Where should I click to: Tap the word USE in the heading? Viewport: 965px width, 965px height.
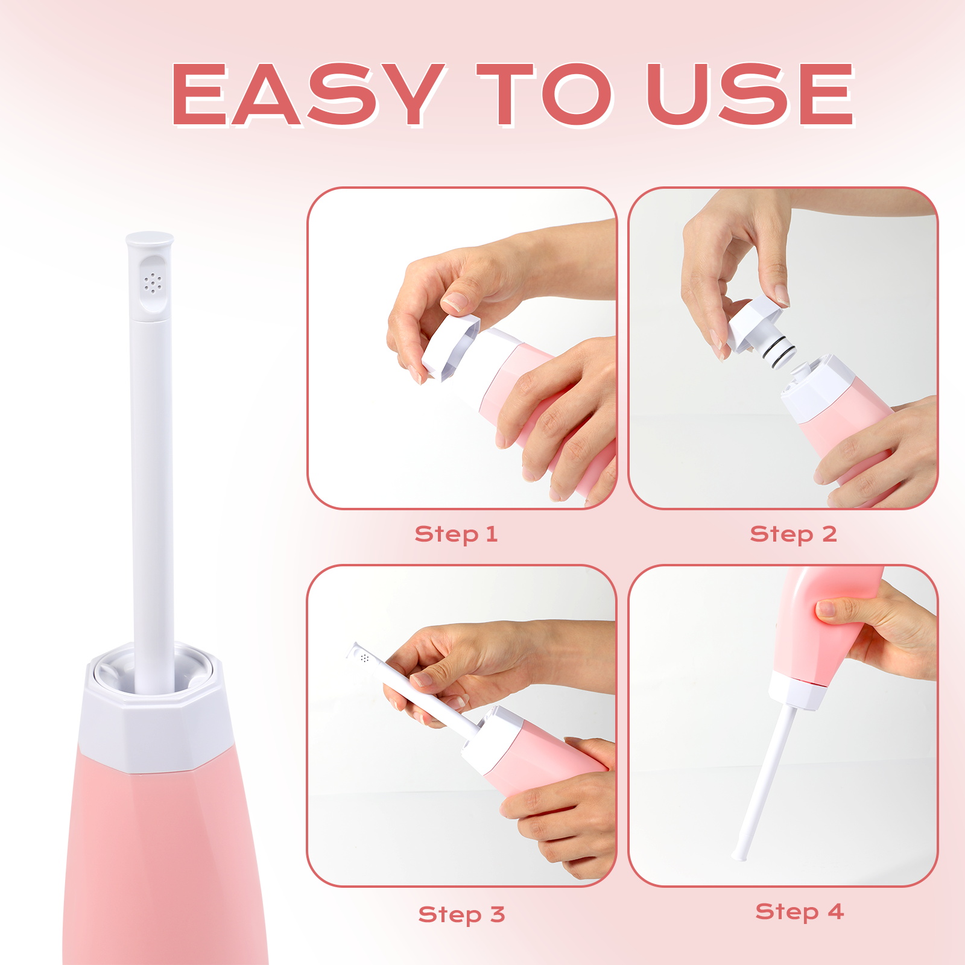751,95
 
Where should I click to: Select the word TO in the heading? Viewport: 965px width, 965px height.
544,95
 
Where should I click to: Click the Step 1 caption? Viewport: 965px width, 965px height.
456,534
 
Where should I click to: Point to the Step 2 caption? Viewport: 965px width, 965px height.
793,534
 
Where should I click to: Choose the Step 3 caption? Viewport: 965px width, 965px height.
461,915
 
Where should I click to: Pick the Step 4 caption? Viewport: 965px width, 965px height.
799,912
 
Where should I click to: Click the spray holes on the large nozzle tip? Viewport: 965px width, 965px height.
153,282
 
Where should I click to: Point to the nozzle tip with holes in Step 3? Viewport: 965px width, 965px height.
362,656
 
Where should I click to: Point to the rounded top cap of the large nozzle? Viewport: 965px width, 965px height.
150,240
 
